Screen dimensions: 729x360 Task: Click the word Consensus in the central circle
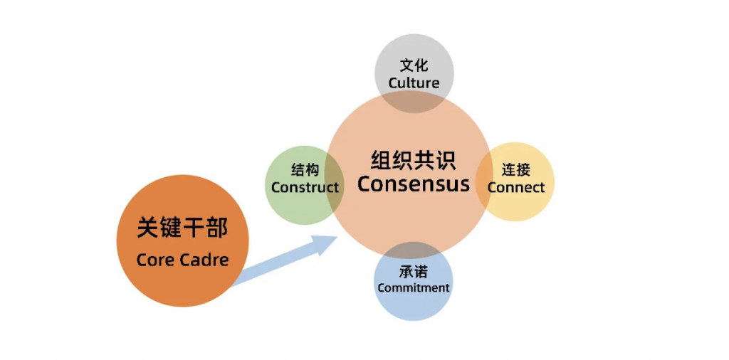tap(413, 184)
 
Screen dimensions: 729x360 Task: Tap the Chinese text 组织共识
tap(413, 159)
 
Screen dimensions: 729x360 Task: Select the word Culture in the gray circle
tap(414, 83)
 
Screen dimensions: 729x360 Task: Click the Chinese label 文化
tap(414, 66)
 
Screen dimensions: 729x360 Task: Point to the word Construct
tap(305, 188)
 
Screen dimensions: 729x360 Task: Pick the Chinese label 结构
tap(305, 171)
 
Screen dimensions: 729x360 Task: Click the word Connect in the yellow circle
tap(516, 188)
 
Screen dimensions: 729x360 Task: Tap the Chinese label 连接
tap(516, 171)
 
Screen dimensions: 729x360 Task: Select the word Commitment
tap(414, 288)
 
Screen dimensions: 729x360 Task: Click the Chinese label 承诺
tap(414, 272)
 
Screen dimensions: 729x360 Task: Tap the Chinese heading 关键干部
tap(182, 228)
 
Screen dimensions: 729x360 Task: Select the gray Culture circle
tap(414, 53)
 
